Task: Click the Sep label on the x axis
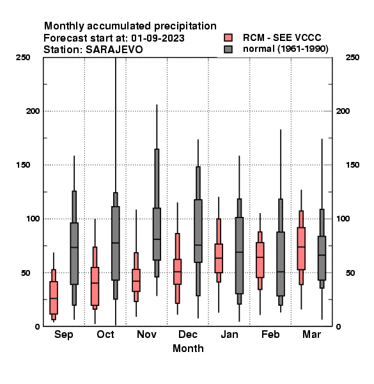tap(63, 335)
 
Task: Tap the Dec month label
tap(188, 334)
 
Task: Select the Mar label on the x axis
tap(311, 334)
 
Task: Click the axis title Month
tap(188, 348)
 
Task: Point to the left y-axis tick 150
tap(23, 165)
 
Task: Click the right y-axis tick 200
tap(343, 111)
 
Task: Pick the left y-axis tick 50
tap(26, 273)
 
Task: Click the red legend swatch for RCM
tap(228, 38)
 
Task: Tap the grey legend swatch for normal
tap(228, 49)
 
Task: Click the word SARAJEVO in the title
tap(114, 50)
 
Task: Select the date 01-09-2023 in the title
tap(158, 38)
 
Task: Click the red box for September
tap(54, 298)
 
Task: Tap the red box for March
tap(301, 248)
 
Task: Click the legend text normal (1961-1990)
tap(285, 49)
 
